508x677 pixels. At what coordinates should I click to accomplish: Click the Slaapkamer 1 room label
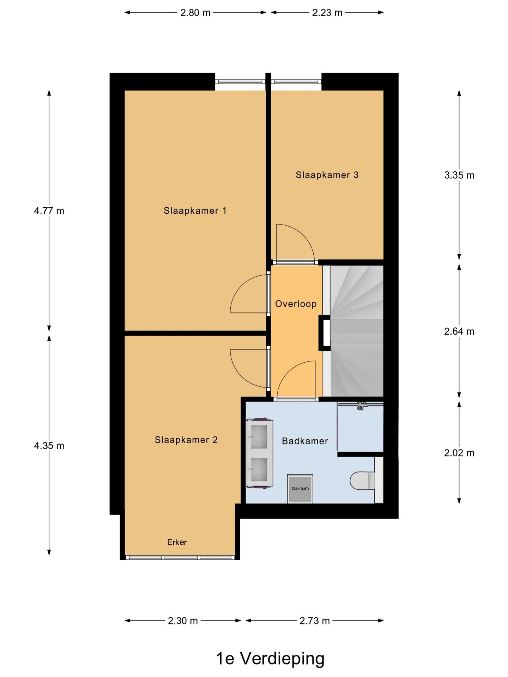[x=195, y=211]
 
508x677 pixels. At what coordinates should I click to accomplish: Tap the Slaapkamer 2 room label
[x=186, y=440]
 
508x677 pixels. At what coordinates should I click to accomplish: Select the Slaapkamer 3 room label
[x=327, y=175]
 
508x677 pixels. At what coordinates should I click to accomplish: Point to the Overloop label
[x=296, y=304]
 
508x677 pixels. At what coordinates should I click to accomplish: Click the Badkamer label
[x=305, y=441]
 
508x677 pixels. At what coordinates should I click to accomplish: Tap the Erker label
[x=177, y=542]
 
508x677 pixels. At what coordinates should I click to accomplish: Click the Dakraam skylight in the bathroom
[x=300, y=489]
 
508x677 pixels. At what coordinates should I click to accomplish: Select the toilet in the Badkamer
[x=362, y=481]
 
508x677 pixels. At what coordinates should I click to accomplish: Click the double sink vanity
[x=260, y=453]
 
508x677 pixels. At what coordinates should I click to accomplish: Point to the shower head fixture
[x=361, y=405]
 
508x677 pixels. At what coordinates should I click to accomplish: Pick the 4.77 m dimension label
[x=49, y=211]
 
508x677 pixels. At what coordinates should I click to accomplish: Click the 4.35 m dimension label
[x=49, y=446]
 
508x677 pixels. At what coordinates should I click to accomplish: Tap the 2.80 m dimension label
[x=195, y=13]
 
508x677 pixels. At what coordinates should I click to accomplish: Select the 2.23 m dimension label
[x=327, y=13]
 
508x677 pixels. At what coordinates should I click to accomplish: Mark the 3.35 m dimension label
[x=459, y=175]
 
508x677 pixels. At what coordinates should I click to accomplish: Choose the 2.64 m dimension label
[x=459, y=331]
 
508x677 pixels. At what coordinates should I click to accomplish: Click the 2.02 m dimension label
[x=459, y=453]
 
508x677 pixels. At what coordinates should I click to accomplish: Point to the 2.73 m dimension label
[x=314, y=621]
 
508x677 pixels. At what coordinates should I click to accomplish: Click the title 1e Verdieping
[x=270, y=658]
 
